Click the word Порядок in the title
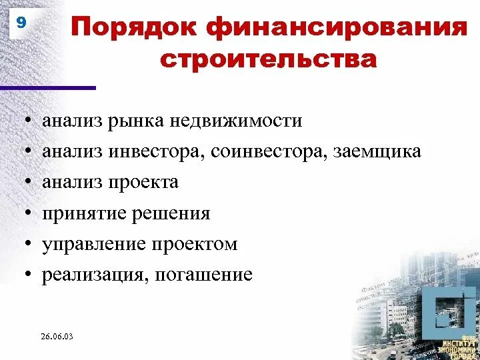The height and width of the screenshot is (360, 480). [134, 29]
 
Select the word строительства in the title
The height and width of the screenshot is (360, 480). [269, 60]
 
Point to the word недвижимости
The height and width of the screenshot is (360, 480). [236, 121]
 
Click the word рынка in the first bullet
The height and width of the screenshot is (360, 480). [141, 121]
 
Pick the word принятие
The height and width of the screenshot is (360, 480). [81, 214]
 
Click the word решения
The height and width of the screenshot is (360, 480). [169, 214]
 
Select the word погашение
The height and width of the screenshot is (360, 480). [203, 275]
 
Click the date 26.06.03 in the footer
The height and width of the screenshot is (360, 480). [56, 337]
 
